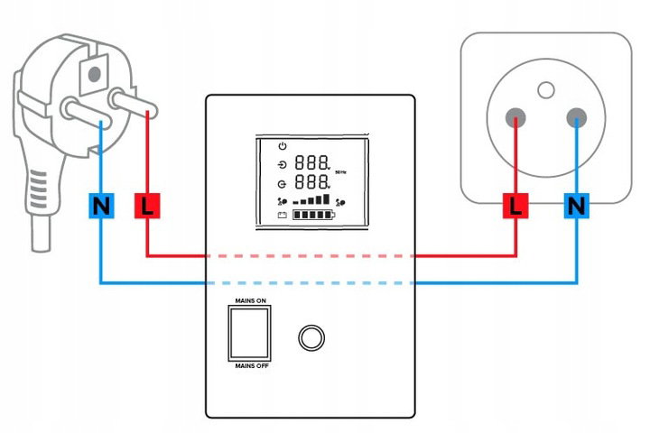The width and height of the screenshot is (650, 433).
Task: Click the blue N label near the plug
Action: click(x=101, y=206)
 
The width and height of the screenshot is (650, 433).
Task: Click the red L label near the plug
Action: click(x=147, y=206)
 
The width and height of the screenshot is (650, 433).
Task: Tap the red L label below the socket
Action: click(x=515, y=206)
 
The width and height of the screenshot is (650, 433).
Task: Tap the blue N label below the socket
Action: click(x=577, y=206)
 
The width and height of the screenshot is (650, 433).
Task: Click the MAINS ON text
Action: click(x=250, y=300)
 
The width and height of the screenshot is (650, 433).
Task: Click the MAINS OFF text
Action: click(x=252, y=366)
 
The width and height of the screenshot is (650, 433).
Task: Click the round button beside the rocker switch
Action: click(x=311, y=337)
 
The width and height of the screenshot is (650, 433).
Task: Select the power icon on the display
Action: click(x=283, y=146)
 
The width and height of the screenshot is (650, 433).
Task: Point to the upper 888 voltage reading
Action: click(x=311, y=162)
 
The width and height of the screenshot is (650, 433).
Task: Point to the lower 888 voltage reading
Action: click(x=311, y=181)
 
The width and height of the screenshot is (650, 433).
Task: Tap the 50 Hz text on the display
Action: click(x=340, y=172)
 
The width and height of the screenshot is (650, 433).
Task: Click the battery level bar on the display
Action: click(x=314, y=215)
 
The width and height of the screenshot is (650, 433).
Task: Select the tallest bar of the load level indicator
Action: click(x=326, y=198)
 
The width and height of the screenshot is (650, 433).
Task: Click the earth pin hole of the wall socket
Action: click(x=546, y=90)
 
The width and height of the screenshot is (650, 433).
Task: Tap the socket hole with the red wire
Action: click(x=515, y=118)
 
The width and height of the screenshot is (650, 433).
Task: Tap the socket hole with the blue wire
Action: click(x=577, y=118)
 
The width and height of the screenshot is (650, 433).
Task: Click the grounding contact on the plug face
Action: click(x=94, y=75)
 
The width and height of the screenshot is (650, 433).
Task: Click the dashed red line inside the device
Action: click(x=311, y=256)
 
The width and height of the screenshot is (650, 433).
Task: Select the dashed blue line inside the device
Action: click(x=311, y=283)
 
